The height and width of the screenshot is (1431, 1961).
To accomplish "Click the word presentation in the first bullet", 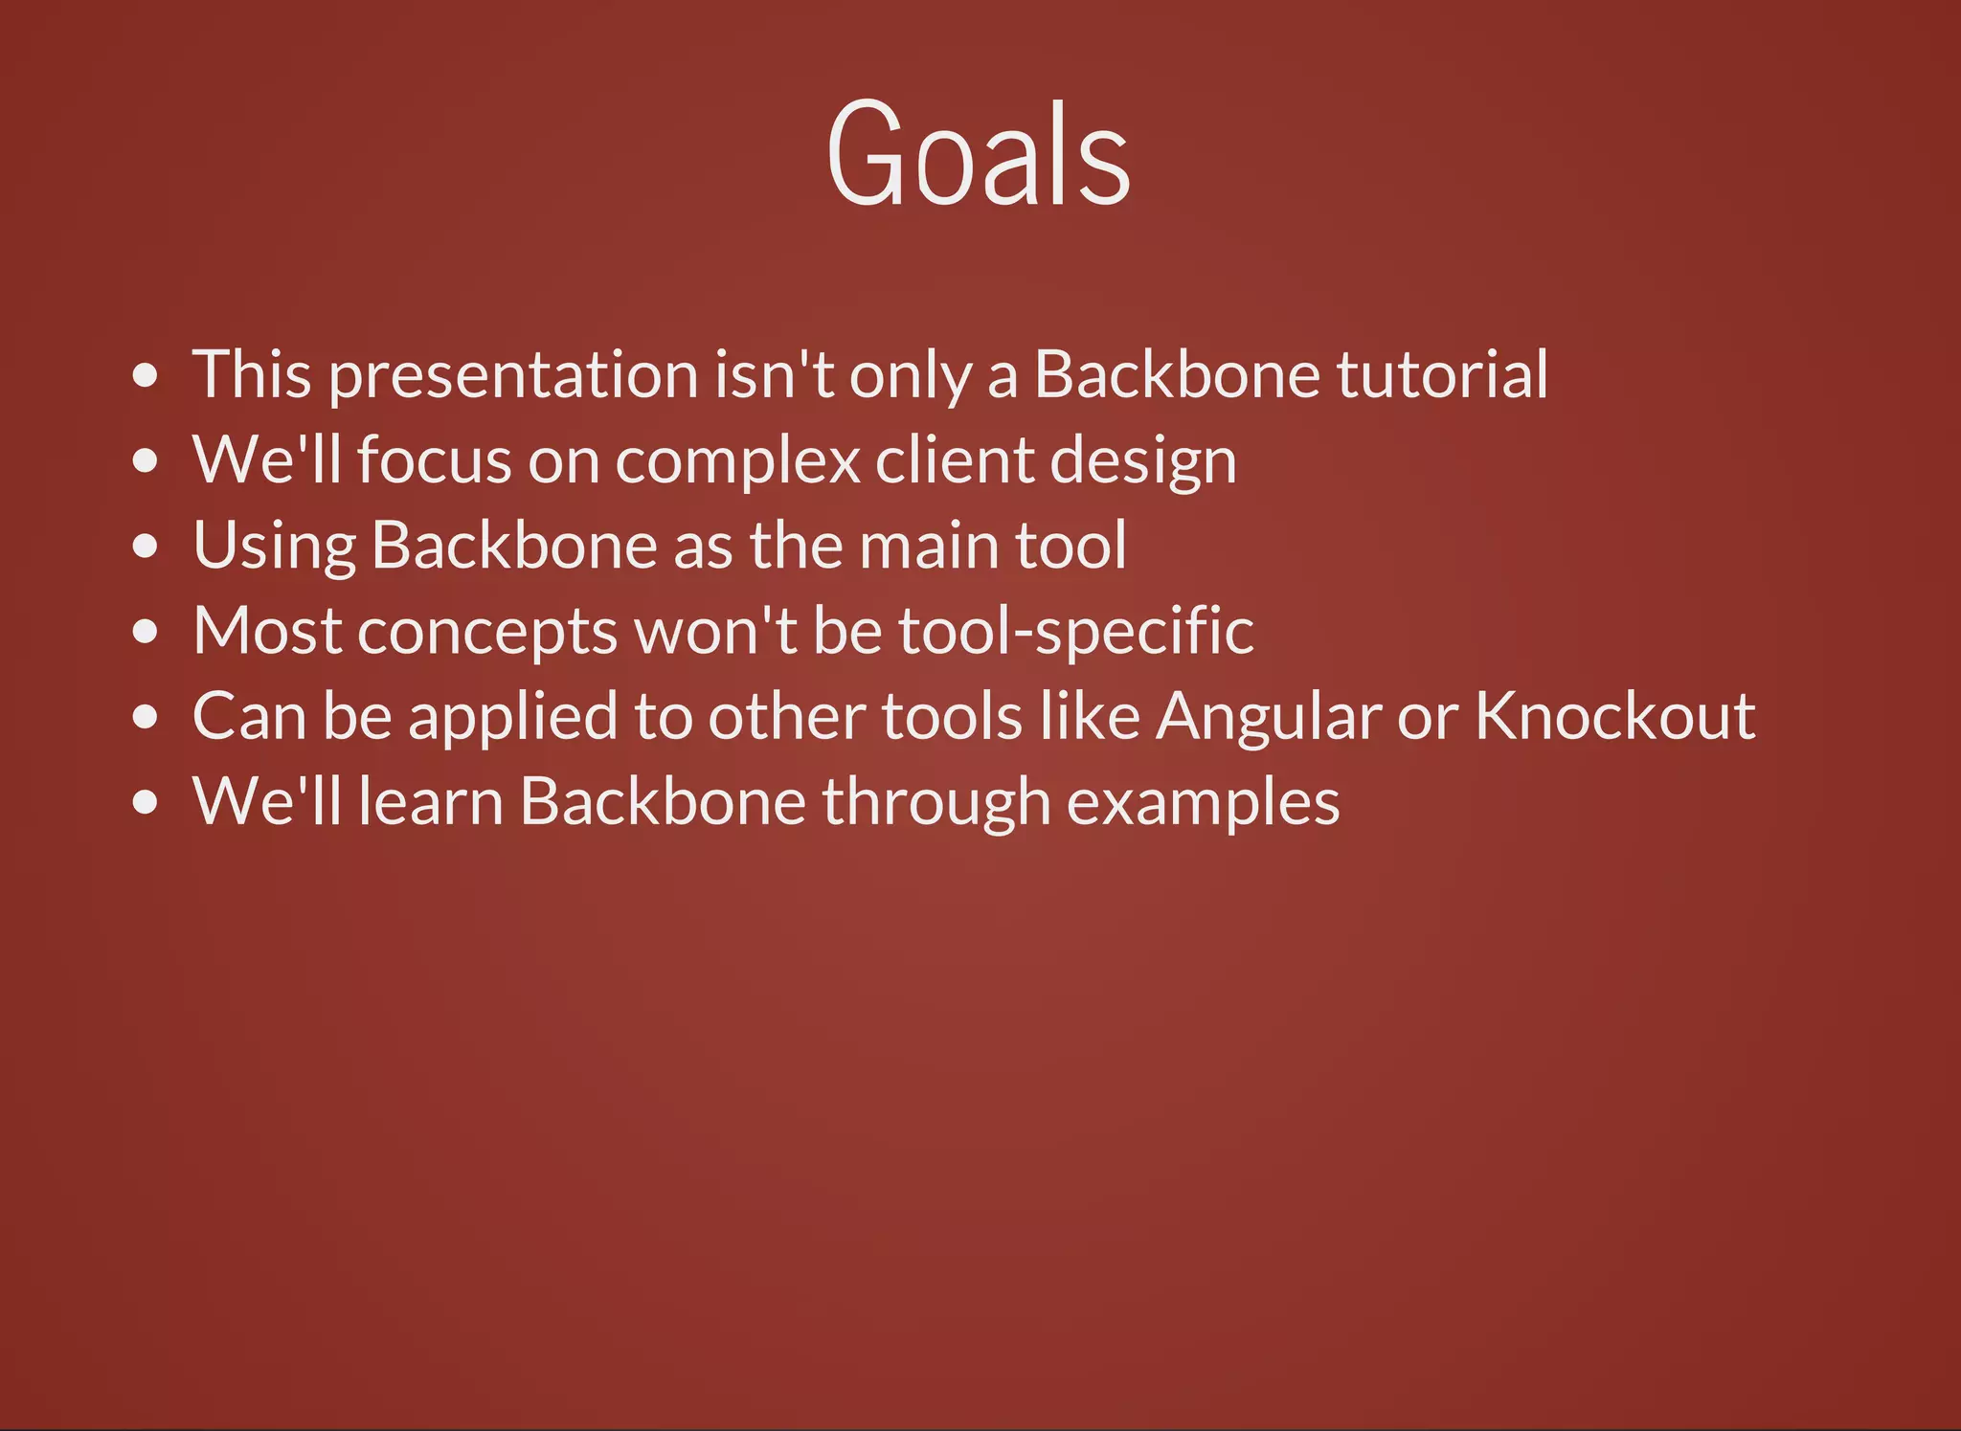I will click(513, 376).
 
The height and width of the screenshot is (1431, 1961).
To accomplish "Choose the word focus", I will click(435, 460).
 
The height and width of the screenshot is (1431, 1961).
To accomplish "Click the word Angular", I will click(1268, 718).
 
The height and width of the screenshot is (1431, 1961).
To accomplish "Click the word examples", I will click(1203, 803).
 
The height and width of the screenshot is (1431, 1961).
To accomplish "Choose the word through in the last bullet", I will click(935, 803).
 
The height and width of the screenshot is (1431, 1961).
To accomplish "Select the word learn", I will click(431, 802).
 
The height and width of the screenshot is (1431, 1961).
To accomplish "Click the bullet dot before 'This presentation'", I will click(146, 375).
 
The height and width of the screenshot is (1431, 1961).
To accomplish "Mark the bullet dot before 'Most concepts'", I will click(146, 632).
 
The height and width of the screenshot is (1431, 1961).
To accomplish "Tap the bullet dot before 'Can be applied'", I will click(146, 717).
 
